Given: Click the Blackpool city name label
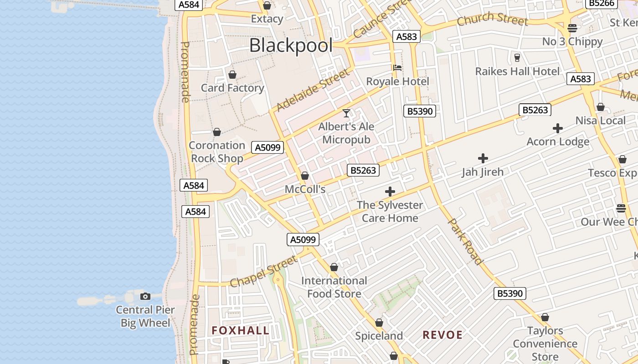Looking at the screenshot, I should [x=291, y=45].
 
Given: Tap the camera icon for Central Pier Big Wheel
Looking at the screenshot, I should [x=145, y=297].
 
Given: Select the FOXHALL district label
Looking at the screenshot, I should [x=241, y=331].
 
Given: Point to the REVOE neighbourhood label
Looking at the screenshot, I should [x=442, y=335].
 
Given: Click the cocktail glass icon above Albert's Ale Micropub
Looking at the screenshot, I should [x=346, y=113].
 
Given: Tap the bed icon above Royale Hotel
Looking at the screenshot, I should [x=397, y=68].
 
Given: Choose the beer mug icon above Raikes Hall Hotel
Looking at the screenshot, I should [x=517, y=58].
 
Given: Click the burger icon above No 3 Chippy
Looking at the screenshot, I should [x=572, y=28].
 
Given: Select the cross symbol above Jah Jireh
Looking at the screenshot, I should [x=483, y=158].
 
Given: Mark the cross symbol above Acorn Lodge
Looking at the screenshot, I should [x=558, y=128].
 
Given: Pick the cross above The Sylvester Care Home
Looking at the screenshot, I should [x=390, y=192].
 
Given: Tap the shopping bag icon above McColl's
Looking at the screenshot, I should [x=305, y=176].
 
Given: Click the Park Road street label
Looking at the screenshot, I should [x=465, y=241].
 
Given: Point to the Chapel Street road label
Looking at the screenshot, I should [x=263, y=271].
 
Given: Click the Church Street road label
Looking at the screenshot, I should [x=493, y=20].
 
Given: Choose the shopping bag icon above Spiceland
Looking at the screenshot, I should [x=379, y=323].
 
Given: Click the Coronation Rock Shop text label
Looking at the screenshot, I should [x=217, y=152].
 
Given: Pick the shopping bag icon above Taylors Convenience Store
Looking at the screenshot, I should [x=545, y=317].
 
